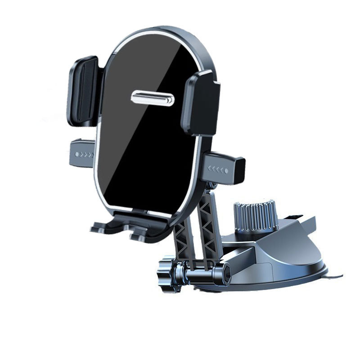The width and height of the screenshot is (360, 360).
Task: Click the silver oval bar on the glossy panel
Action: [153, 98]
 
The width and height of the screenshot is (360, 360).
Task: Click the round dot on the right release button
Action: [226, 171]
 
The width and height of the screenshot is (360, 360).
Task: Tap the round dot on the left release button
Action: [77, 154]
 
